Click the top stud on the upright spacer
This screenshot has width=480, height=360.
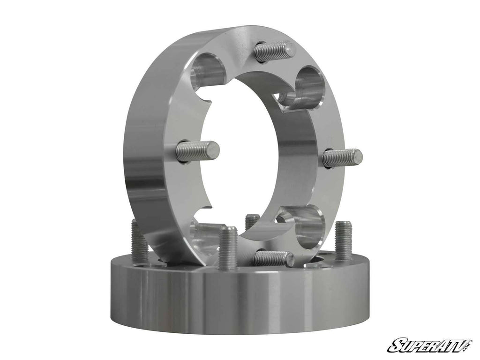(x=275, y=51)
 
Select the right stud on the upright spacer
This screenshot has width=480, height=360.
(x=342, y=158)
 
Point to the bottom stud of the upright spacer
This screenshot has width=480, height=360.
(x=274, y=258)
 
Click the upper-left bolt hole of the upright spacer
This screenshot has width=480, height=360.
(x=208, y=70)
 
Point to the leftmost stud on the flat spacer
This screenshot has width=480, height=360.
(x=140, y=241)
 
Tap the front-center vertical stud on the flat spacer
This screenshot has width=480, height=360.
(x=228, y=247)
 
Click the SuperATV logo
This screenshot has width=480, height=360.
(x=429, y=345)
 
